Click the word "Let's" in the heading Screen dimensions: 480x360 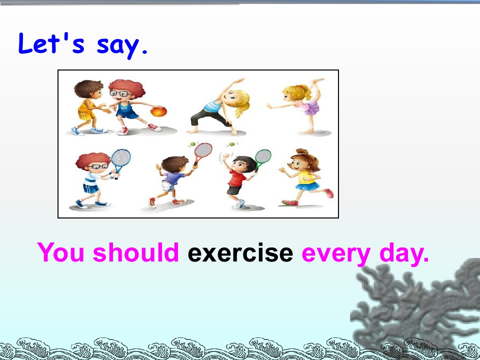[51, 43]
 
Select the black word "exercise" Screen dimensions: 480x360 [240, 253]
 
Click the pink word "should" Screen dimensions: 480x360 [135, 252]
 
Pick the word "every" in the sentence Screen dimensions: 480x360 [336, 254]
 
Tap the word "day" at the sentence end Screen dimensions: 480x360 [404, 254]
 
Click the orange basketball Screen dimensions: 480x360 [158, 111]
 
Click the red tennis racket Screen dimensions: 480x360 [201, 153]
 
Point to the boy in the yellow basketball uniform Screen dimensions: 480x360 [89, 107]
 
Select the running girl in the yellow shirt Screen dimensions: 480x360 [306, 177]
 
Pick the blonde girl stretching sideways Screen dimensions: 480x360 [220, 106]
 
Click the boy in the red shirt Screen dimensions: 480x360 [239, 180]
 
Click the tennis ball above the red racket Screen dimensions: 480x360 [193, 144]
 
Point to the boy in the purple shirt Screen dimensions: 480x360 [171, 180]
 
